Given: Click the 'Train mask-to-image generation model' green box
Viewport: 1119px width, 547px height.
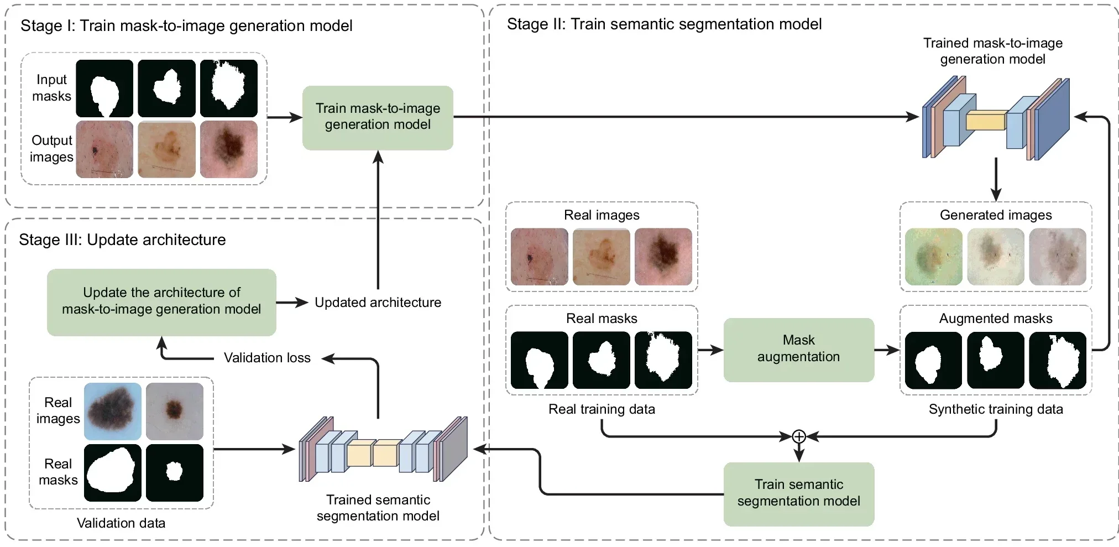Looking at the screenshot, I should [x=378, y=117].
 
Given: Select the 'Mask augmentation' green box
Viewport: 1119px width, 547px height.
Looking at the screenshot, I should [x=798, y=348].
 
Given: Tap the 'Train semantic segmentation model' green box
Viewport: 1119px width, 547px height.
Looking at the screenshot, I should [x=798, y=493].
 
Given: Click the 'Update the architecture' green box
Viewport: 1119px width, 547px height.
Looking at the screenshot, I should [x=161, y=301].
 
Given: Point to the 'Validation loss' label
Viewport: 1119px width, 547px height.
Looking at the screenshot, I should [x=267, y=358].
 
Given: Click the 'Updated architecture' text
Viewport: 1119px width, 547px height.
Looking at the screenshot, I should [x=378, y=303].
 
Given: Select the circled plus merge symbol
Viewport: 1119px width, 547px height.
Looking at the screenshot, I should [x=798, y=437].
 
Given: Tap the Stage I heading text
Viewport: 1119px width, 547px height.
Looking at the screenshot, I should [x=186, y=26].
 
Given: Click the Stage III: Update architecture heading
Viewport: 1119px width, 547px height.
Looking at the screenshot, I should [x=122, y=240].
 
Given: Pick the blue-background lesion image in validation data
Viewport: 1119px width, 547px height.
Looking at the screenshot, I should [x=113, y=411].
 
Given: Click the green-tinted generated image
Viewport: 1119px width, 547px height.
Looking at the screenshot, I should [x=934, y=257].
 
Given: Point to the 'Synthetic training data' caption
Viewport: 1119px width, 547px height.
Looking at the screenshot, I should [x=995, y=409].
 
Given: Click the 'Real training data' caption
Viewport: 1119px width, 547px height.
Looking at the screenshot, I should [x=602, y=409].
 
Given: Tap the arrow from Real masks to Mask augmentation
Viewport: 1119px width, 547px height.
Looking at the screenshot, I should [x=710, y=350].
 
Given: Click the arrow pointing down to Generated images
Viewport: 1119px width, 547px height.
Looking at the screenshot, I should [x=996, y=180].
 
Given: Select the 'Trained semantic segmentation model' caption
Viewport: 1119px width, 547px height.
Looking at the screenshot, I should [x=378, y=508].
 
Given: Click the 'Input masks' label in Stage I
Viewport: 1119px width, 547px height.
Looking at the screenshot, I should [x=51, y=88].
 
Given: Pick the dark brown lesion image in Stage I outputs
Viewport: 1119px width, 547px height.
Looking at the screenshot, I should [x=229, y=149].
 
